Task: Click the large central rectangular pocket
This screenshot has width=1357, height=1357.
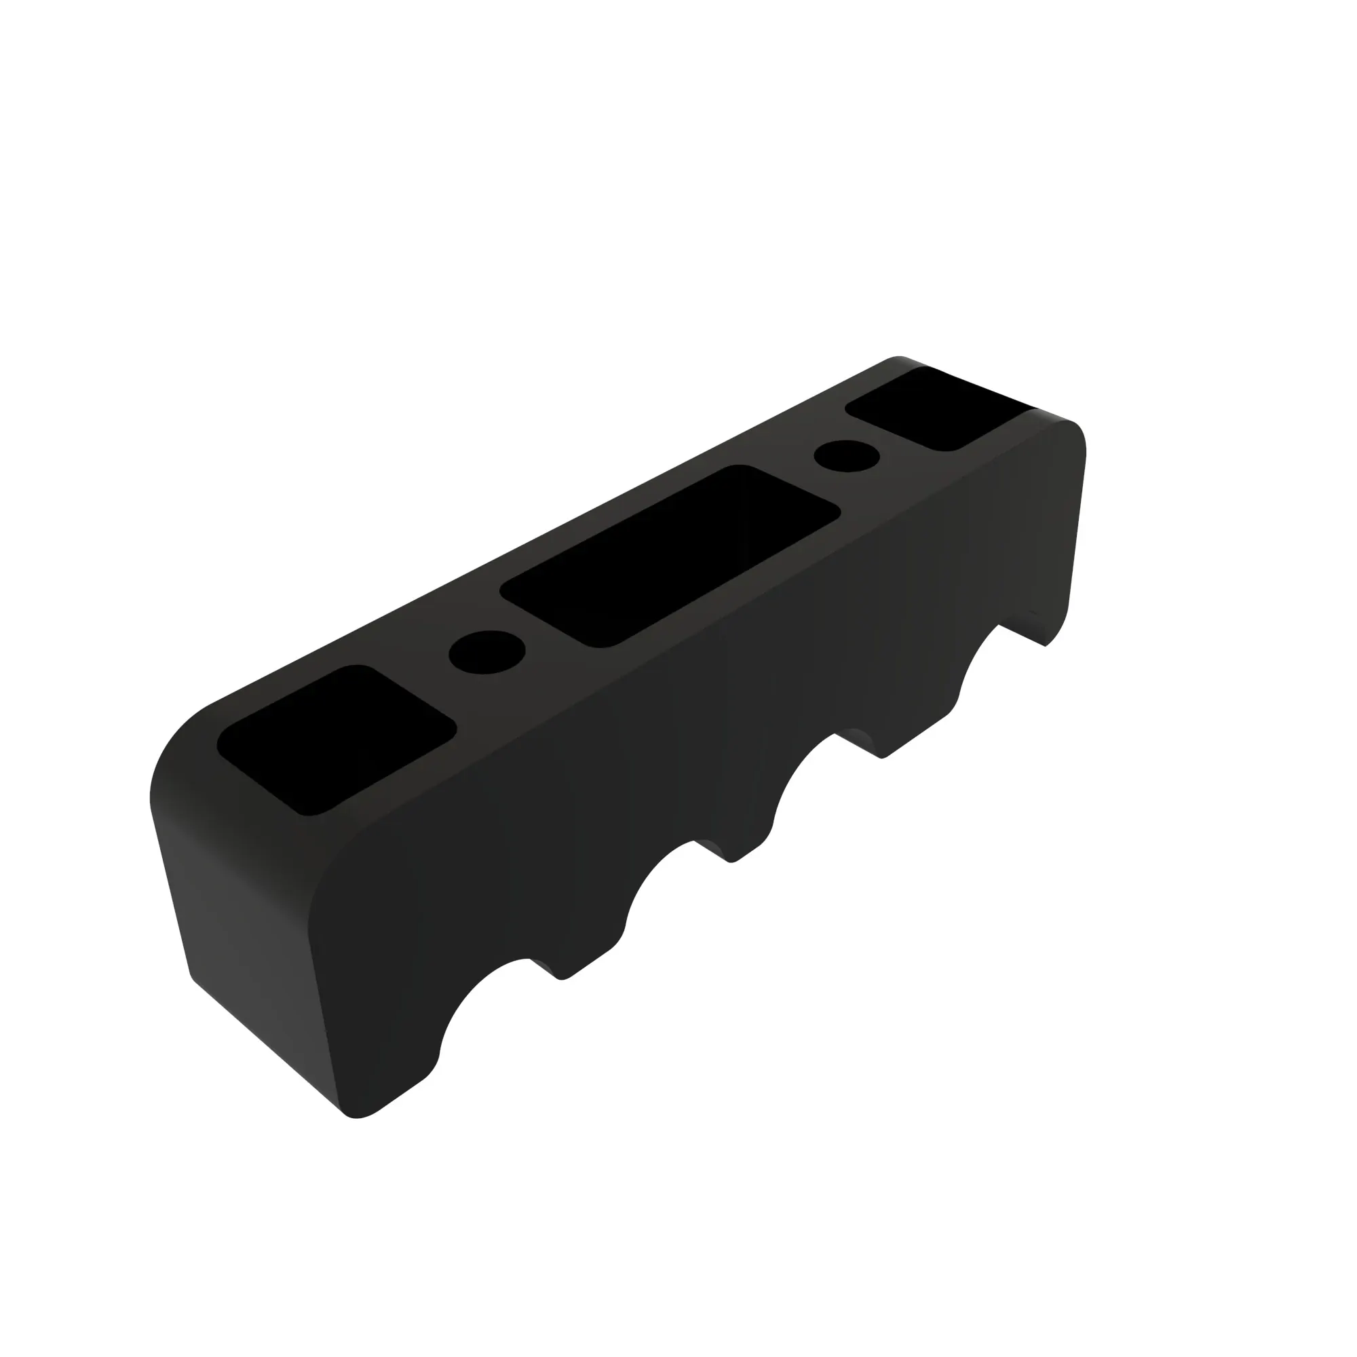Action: pyautogui.click(x=671, y=555)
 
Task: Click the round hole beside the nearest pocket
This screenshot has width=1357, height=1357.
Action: pyautogui.click(x=486, y=652)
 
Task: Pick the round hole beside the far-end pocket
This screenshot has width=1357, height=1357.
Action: pyautogui.click(x=847, y=457)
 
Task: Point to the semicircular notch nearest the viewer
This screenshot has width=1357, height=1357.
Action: pyautogui.click(x=492, y=1012)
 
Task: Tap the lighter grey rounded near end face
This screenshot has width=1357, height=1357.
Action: pyautogui.click(x=239, y=913)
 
